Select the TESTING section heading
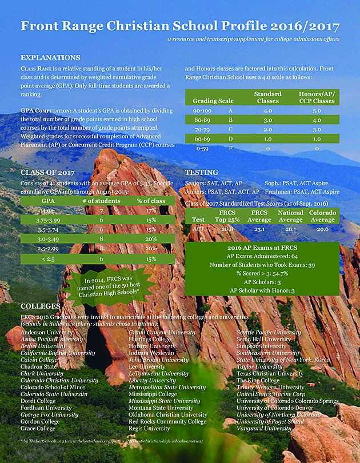202,173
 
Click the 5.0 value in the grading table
317,110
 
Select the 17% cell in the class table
150,211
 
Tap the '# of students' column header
99,201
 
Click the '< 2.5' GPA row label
48,259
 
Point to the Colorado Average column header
322,216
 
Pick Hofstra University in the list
152,346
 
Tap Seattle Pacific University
269,332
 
